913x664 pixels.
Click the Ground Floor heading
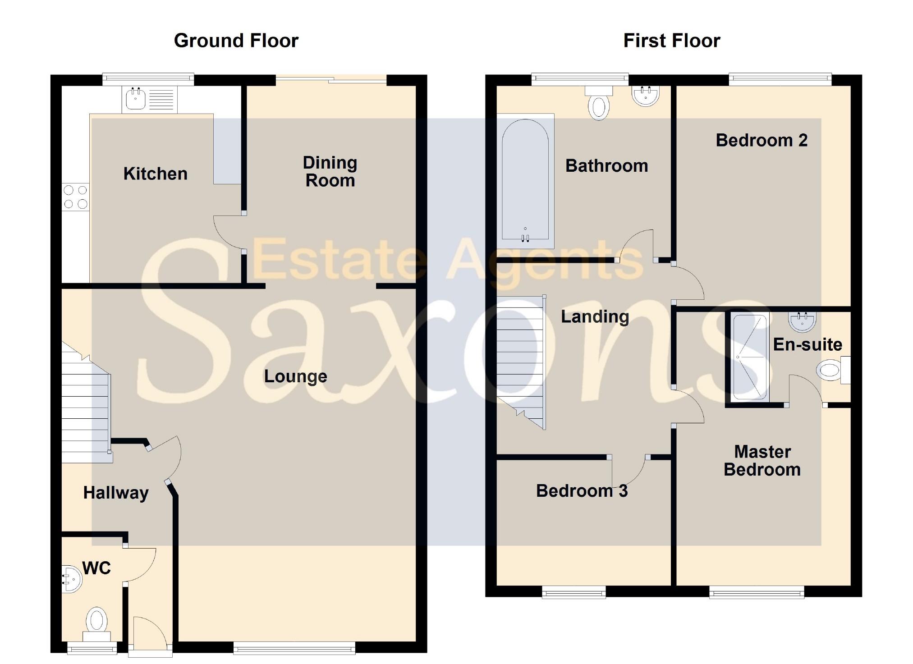236,41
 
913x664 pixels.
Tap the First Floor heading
671,41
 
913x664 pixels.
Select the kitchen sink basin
135,99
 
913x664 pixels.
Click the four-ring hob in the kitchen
75,197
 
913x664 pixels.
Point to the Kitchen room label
155,174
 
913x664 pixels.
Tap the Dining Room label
330,172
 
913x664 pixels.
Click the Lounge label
295,376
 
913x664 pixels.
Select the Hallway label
116,493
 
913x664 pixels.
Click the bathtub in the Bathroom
525,180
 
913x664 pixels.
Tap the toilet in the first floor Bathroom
599,104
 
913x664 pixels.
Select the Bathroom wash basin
646,96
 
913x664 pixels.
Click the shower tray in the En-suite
749,357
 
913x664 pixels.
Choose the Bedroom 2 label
762,141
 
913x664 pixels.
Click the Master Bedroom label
762,461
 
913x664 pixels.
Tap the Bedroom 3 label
582,491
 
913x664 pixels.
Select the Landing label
595,317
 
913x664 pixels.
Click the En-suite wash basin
802,321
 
